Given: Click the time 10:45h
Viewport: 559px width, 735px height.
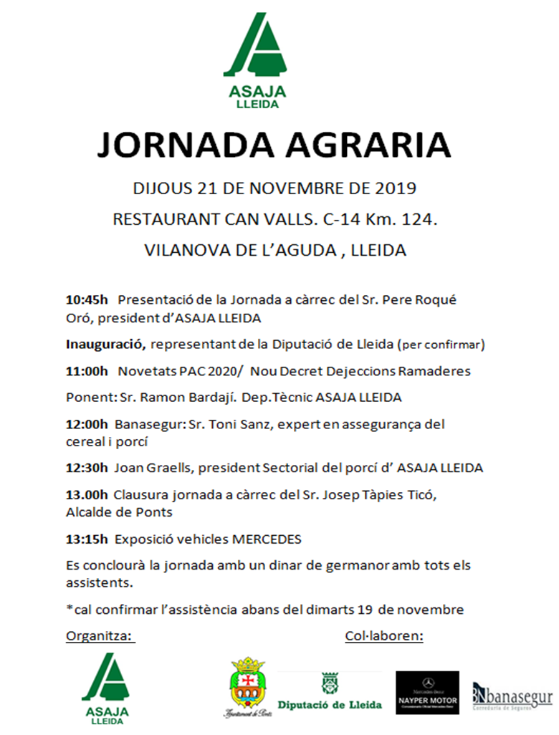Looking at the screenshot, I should pos(86,299).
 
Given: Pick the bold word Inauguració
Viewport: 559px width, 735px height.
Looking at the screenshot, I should pos(105,345).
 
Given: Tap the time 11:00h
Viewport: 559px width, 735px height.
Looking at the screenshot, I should pos(86,371).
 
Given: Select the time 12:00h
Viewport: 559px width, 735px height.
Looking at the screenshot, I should pos(86,424).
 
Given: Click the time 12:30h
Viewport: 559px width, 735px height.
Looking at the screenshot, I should pos(86,468).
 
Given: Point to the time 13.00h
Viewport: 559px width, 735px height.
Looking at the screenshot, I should pos(86,494).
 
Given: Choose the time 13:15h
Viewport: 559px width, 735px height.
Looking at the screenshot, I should pos(86,539).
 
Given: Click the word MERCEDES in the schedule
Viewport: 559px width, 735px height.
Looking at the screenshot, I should pos(263,539).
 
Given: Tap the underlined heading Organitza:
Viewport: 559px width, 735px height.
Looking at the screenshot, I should pos(100,635).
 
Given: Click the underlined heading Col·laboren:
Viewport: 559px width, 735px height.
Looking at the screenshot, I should pos(384,635).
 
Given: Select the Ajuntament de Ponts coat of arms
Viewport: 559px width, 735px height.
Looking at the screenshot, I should pos(247,686).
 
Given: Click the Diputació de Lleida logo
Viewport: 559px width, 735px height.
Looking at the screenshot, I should pos(330,691).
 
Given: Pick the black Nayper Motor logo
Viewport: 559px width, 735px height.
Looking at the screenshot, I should pos(427,692).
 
